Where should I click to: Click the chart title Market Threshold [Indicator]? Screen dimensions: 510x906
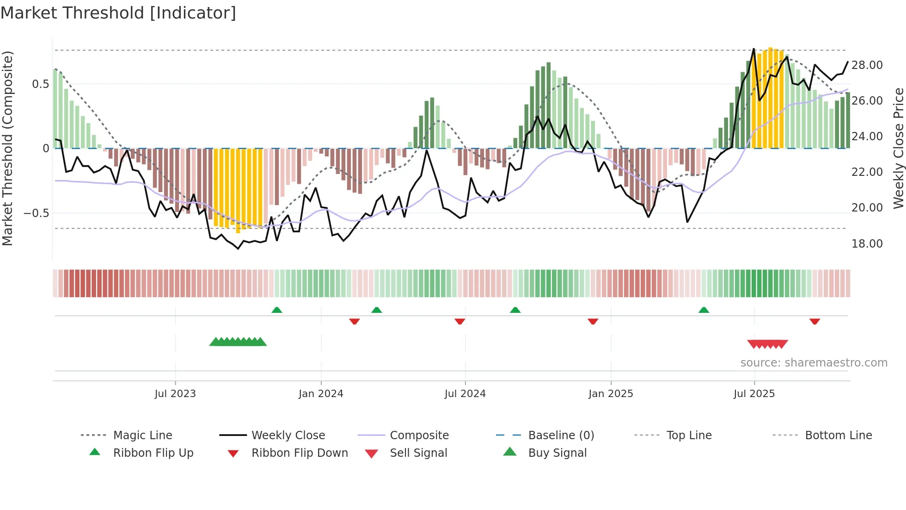[118, 13]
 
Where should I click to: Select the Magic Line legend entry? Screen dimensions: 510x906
[142, 435]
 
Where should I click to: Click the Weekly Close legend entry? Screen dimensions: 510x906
[288, 435]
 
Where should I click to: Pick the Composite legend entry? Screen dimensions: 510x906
[419, 435]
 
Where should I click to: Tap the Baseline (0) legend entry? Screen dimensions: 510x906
[561, 435]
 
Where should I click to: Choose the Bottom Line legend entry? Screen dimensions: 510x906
[838, 435]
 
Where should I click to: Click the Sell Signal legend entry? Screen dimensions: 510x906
[418, 453]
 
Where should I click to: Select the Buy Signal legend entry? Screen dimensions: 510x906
[557, 453]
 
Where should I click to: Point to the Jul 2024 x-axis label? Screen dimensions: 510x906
[465, 394]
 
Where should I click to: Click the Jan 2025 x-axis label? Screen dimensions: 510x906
[611, 394]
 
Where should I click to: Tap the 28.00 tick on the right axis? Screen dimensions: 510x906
[867, 65]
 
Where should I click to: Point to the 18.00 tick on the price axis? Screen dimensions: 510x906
[867, 243]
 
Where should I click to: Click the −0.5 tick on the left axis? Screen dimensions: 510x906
[37, 213]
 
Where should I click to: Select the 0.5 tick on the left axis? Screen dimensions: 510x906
[40, 84]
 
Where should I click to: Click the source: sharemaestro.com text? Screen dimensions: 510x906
[814, 363]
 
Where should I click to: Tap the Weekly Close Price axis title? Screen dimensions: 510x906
[898, 148]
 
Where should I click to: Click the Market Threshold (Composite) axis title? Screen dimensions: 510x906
[7, 148]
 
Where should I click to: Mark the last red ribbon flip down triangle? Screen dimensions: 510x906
[814, 321]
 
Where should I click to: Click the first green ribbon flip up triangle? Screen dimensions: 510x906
[276, 310]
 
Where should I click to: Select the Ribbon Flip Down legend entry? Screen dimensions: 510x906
[300, 453]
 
